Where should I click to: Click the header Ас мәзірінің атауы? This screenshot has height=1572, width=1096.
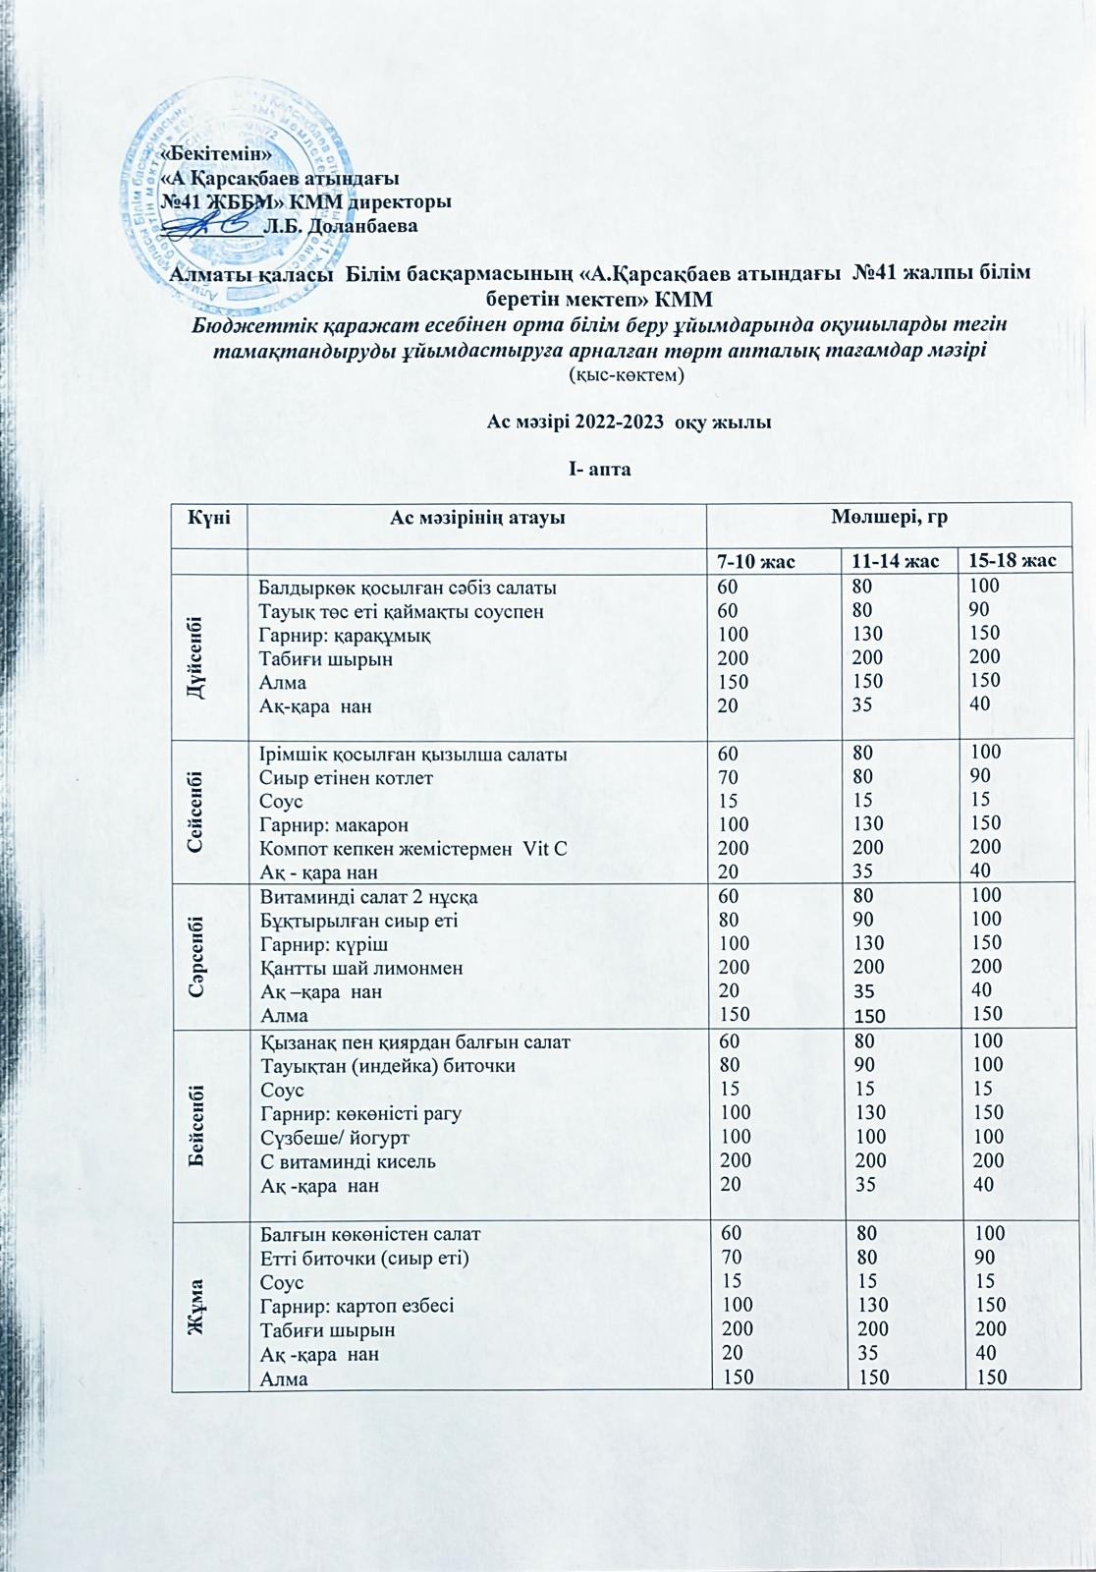click(477, 517)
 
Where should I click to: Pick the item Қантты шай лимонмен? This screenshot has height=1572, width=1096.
click(361, 968)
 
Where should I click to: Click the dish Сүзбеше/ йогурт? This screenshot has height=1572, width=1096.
click(334, 1137)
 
